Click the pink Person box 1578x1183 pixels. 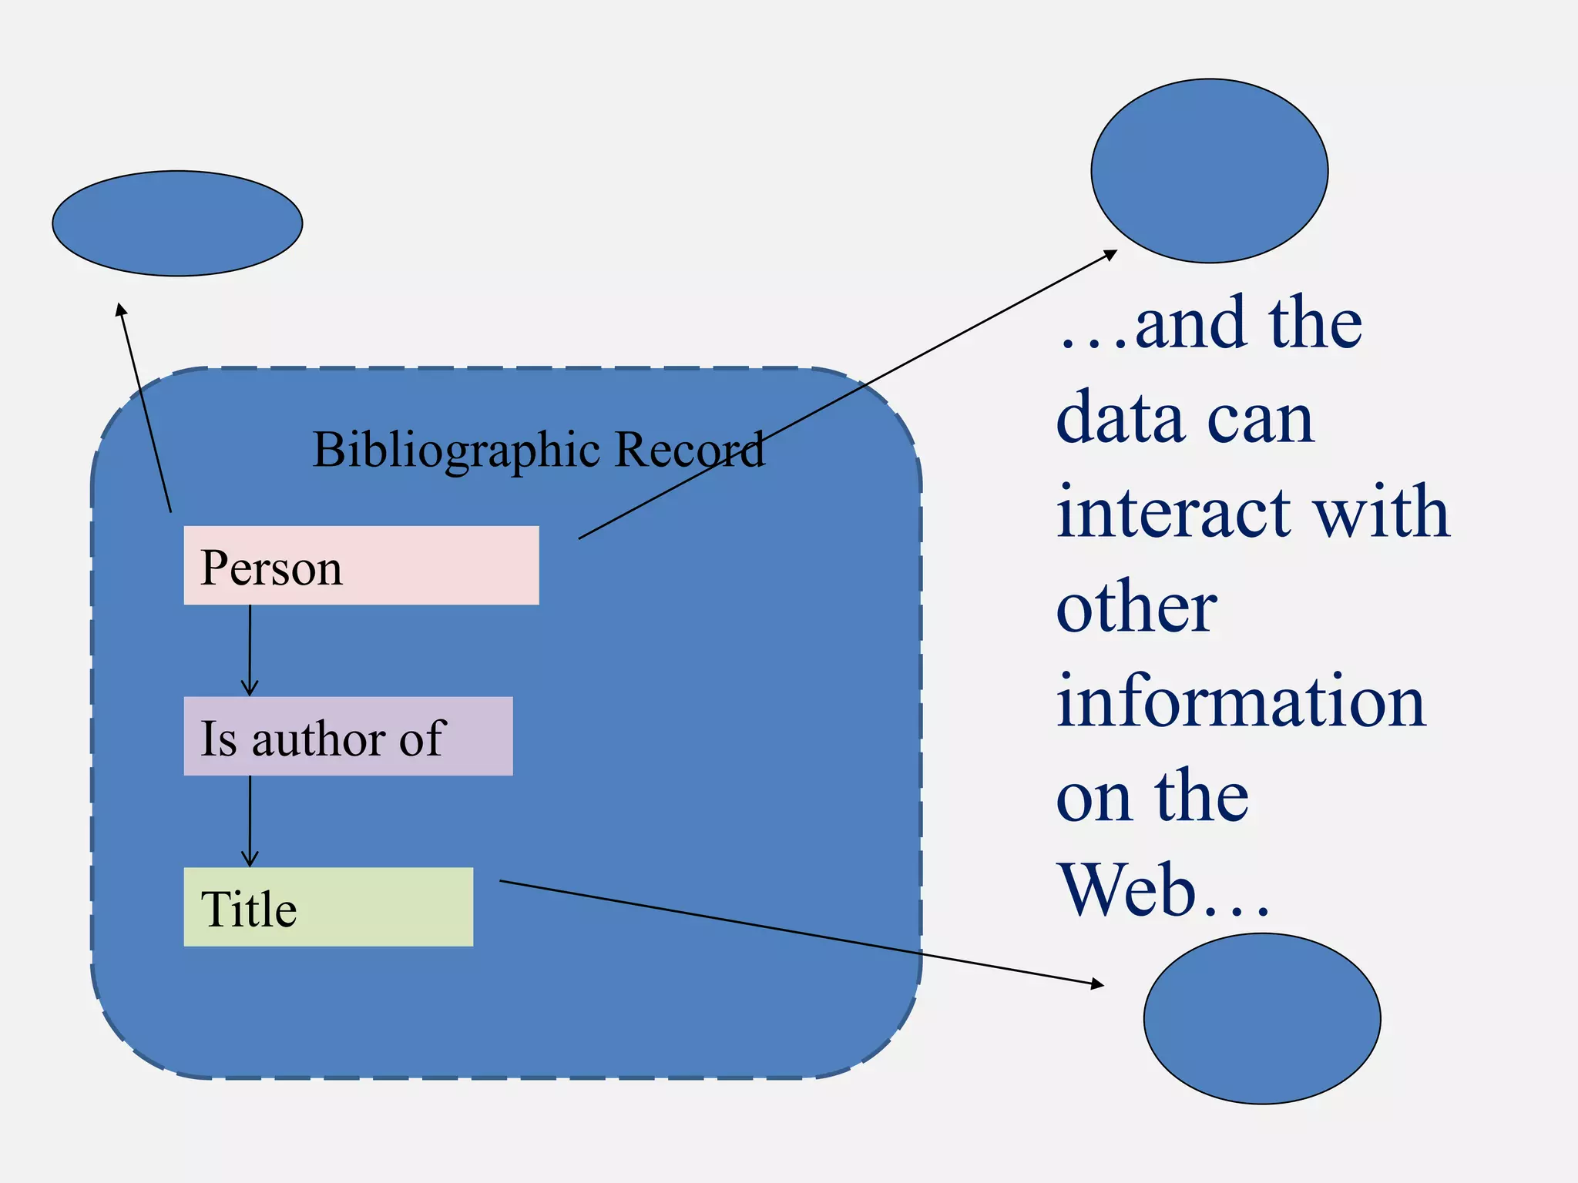(361, 565)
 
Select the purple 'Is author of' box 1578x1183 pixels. (347, 736)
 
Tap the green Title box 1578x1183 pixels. (328, 907)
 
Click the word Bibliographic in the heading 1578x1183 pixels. (455, 451)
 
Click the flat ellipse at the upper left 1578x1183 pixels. (177, 223)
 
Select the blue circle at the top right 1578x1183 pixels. (1209, 171)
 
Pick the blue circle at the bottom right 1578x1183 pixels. (1261, 1018)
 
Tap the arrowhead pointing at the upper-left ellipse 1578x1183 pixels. (120, 310)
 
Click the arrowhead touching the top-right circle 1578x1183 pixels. (1110, 253)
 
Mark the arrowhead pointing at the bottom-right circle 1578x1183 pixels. (1097, 984)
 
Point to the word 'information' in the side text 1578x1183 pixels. (1241, 701)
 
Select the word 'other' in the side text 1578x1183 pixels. (1136, 608)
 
